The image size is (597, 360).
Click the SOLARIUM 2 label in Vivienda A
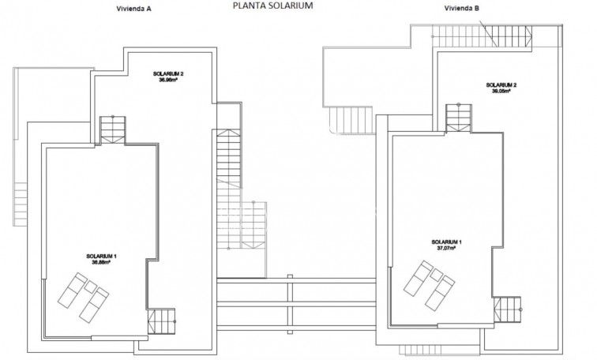coord(170,73)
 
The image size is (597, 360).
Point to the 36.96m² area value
coord(170,80)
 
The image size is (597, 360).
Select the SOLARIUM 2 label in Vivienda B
coord(501,84)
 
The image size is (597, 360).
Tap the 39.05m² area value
coord(501,91)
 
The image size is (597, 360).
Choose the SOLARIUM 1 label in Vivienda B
coord(447,241)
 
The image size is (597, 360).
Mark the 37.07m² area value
coord(447,247)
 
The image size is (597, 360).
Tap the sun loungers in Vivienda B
coord(426,283)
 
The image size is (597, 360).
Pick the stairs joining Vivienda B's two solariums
coord(457,118)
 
